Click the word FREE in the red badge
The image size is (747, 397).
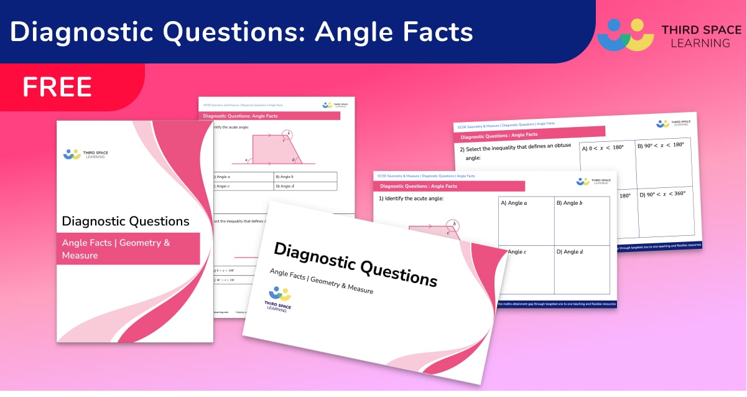57,87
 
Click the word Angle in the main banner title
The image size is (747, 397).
357,31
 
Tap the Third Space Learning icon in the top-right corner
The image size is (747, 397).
624,35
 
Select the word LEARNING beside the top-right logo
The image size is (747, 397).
695,44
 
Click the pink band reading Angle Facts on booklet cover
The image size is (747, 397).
128,248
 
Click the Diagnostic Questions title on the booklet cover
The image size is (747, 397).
125,221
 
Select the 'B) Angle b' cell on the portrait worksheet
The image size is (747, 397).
305,177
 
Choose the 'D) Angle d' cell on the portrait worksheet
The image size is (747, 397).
305,186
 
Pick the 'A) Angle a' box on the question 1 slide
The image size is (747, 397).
526,221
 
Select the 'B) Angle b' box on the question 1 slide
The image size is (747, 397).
582,221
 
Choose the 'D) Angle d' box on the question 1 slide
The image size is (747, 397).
582,269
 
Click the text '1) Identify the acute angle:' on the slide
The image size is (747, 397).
411,198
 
